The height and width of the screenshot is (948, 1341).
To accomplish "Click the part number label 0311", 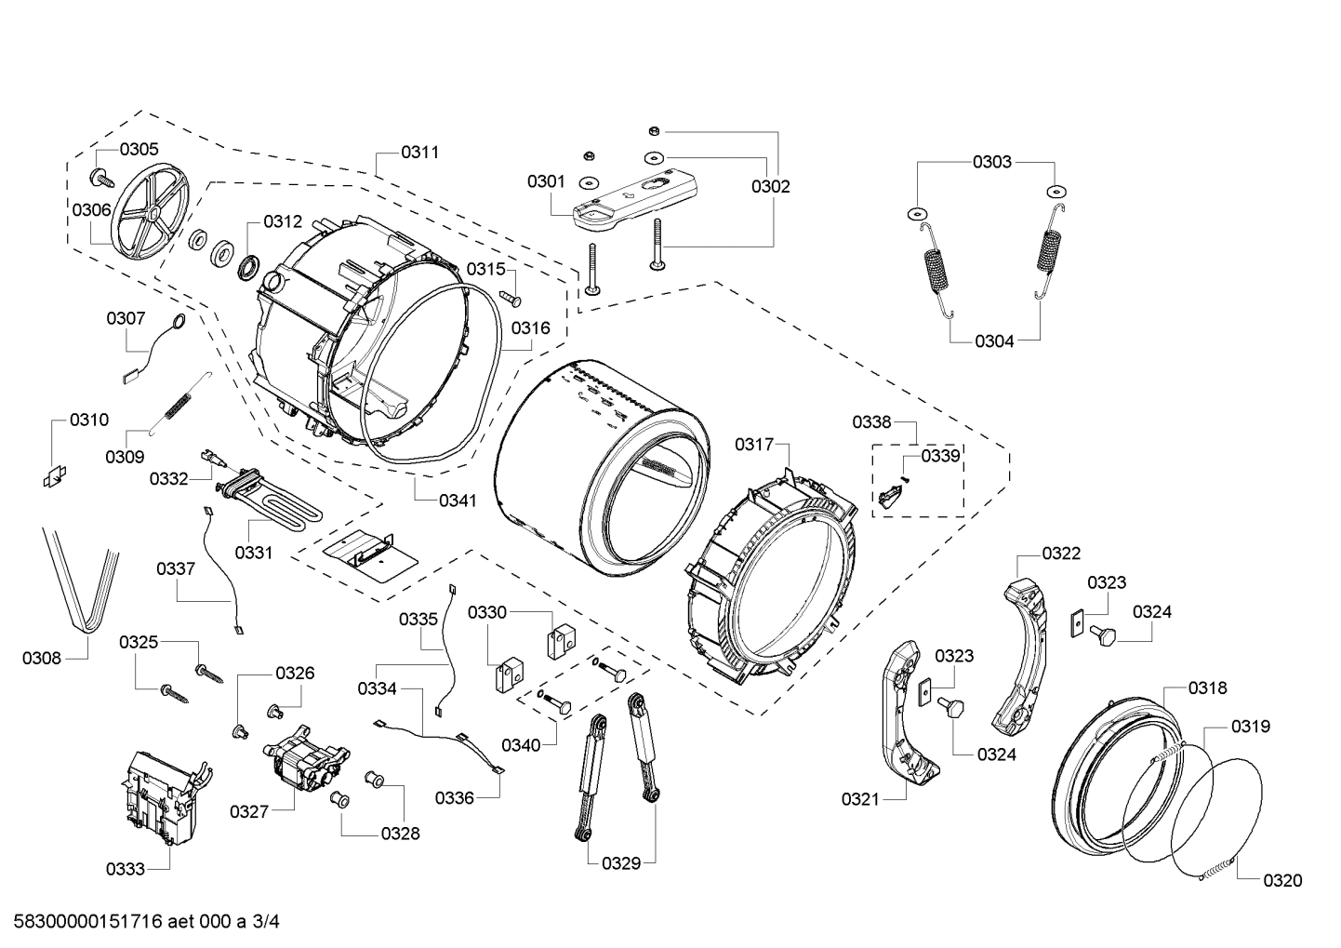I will tap(420, 152).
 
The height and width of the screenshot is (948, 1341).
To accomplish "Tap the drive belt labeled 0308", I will tap(82, 581).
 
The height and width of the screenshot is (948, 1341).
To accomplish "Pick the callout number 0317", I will tap(754, 445).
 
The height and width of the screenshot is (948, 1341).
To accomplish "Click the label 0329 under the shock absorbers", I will tap(621, 863).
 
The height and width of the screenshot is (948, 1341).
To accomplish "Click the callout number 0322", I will tap(1061, 554).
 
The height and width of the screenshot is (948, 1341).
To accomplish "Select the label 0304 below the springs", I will tap(994, 340).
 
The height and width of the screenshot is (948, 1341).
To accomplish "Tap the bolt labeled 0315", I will tap(511, 298).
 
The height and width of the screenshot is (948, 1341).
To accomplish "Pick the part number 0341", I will tap(458, 501).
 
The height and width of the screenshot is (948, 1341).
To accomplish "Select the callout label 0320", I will tap(1282, 880).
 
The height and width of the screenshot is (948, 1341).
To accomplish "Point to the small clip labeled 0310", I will tap(53, 475).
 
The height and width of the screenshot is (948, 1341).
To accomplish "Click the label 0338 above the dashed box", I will tap(872, 422).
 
